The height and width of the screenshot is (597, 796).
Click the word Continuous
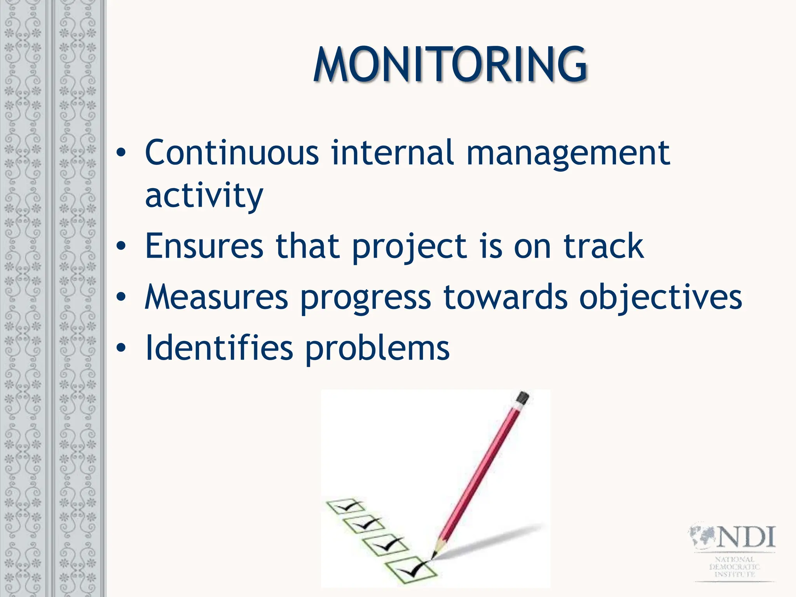click(232, 152)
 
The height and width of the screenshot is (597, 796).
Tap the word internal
click(392, 152)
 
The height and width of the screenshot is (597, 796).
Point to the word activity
click(204, 196)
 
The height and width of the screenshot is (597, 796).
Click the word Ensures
click(204, 246)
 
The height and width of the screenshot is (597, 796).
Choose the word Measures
click(216, 297)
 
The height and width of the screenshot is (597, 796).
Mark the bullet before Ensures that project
click(121, 246)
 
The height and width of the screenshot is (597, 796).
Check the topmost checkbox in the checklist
click(345, 506)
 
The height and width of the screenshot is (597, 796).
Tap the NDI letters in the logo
click(745, 537)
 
